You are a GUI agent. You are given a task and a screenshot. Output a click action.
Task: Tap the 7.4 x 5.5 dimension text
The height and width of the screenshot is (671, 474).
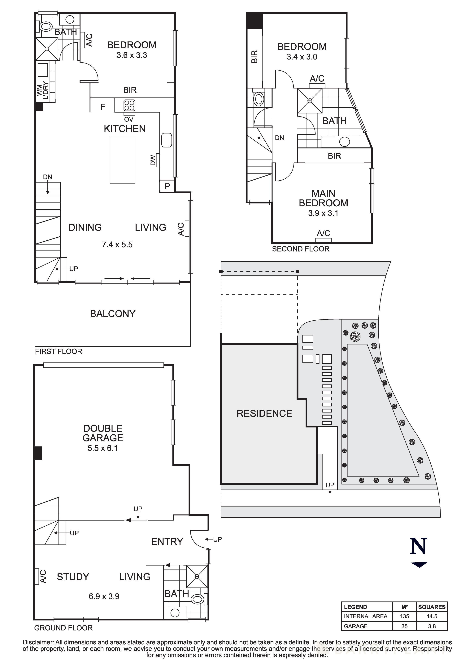coord(117,245)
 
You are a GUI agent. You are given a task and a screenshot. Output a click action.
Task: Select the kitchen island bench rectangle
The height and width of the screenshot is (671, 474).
coord(122,160)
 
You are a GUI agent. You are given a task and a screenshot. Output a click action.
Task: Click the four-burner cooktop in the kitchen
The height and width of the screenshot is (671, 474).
coord(129,106)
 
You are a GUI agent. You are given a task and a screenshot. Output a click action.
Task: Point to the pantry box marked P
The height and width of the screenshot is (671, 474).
coord(167,186)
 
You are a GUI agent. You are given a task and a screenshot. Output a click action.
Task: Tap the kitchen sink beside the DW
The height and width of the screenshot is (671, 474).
coord(167,140)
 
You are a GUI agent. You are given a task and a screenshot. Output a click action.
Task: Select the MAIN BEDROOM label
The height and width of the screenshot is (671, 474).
coord(323,198)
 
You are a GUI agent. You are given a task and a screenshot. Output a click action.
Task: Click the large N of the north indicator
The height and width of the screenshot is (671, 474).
coord(419,546)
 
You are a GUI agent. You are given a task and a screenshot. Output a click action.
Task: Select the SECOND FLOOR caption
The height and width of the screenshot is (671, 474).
coord(301,249)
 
